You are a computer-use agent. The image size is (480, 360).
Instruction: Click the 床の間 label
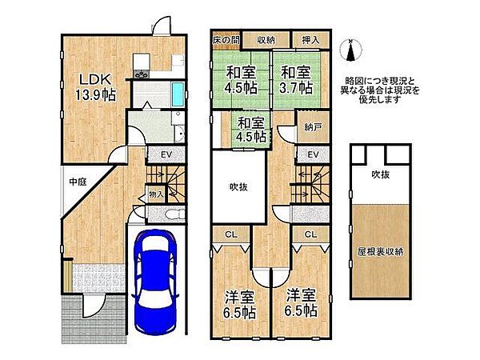(225, 40)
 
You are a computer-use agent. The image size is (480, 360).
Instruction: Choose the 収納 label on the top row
(266, 40)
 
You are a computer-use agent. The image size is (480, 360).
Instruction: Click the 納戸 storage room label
(312, 126)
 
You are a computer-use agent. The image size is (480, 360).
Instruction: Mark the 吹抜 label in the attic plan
(379, 174)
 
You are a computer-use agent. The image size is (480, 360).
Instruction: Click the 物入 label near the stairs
(156, 194)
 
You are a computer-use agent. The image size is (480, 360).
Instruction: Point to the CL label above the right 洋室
(310, 234)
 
